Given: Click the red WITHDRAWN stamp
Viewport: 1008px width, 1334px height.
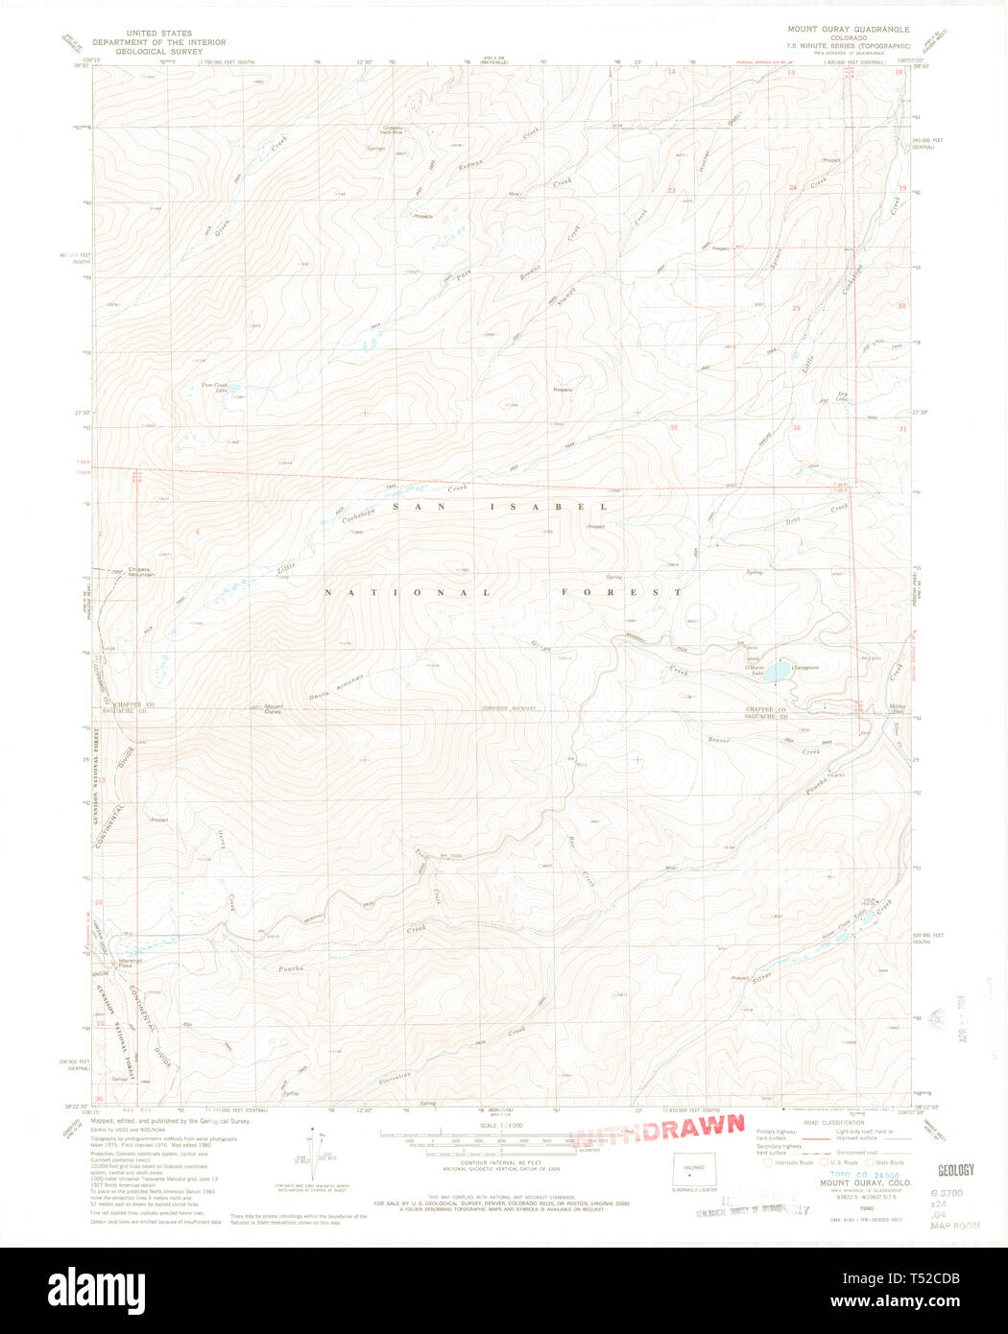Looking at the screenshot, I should click(x=659, y=1131).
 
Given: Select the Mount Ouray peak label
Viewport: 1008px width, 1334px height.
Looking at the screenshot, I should click(x=273, y=710).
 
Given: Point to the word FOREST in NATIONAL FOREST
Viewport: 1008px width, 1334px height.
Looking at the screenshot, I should click(x=622, y=593).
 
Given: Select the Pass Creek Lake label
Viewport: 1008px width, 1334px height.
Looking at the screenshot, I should click(x=214, y=388).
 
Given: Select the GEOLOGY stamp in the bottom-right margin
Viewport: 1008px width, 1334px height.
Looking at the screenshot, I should click(x=955, y=1170).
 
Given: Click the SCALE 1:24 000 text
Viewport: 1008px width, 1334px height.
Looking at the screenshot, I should click(x=500, y=1125).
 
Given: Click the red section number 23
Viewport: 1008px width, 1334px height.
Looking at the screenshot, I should click(x=672, y=191).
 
